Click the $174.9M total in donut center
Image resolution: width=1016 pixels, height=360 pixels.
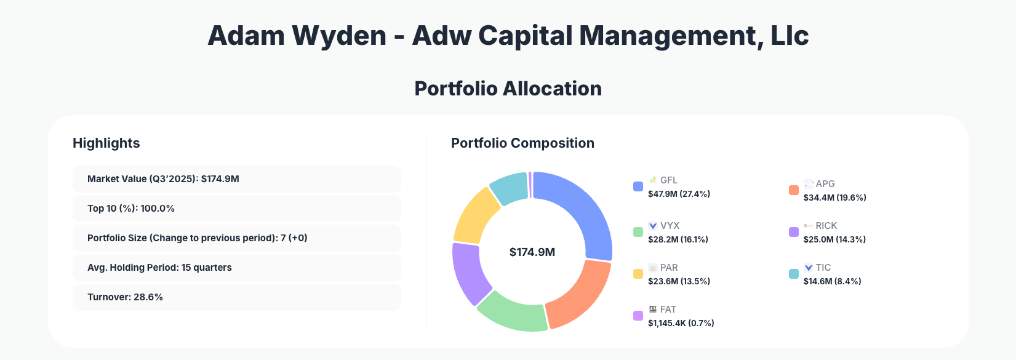pos(532,252)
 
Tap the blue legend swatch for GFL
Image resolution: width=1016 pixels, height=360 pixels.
pos(638,186)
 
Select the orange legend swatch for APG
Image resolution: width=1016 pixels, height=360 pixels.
pos(794,190)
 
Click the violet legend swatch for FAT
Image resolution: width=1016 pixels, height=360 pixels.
pos(638,316)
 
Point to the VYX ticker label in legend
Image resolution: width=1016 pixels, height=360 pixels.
pos(670,226)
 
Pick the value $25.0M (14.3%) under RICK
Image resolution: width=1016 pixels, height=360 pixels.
pos(834,239)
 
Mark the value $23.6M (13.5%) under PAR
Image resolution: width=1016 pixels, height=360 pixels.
pos(679,281)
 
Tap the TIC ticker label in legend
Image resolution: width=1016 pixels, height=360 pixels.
pos(823,268)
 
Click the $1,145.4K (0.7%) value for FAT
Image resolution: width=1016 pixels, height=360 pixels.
pos(681,323)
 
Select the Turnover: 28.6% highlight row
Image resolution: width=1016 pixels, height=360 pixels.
pos(236,297)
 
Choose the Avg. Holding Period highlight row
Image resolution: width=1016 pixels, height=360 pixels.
pos(236,268)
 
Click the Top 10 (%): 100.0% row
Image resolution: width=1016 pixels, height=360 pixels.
pos(236,209)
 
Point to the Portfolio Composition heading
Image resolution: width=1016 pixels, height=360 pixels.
pos(522,143)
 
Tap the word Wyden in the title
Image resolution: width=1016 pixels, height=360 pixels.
pos(339,36)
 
